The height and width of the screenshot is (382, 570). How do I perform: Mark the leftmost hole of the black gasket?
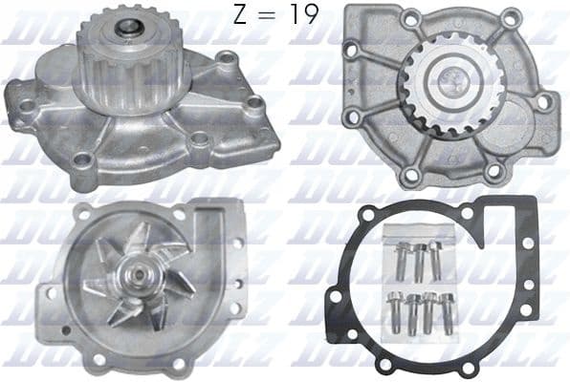(x=336, y=296)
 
